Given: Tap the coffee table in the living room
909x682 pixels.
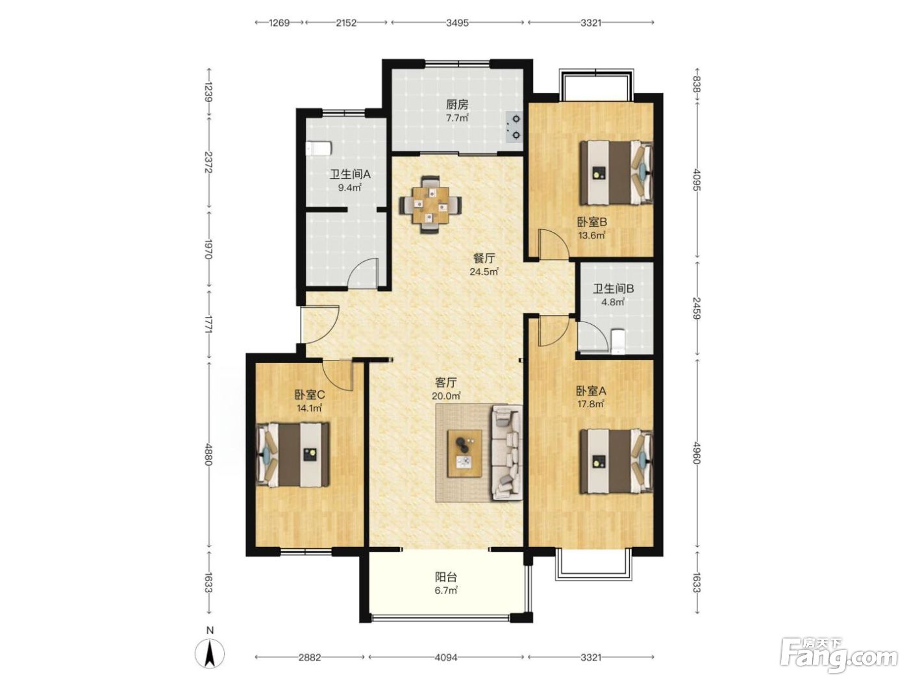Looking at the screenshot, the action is click(465, 453).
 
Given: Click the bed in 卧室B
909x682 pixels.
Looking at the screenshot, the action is click(616, 173).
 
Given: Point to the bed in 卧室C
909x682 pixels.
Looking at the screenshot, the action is click(293, 454).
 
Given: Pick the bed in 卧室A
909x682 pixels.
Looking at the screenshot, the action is click(616, 461).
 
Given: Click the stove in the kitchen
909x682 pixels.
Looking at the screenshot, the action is click(514, 127).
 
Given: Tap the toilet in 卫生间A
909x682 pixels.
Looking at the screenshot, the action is click(318, 148).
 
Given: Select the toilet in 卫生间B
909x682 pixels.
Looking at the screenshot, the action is click(618, 342).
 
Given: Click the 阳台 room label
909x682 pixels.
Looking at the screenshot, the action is click(446, 576).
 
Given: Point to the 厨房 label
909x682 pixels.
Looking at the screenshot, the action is click(457, 105).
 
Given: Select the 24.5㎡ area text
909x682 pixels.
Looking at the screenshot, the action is click(484, 272).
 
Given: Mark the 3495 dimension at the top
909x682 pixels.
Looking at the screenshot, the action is click(457, 23).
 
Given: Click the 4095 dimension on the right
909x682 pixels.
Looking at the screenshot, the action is click(696, 179).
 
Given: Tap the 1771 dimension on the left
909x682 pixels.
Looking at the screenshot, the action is click(209, 324).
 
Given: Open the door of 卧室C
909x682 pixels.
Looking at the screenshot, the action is click(338, 375).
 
